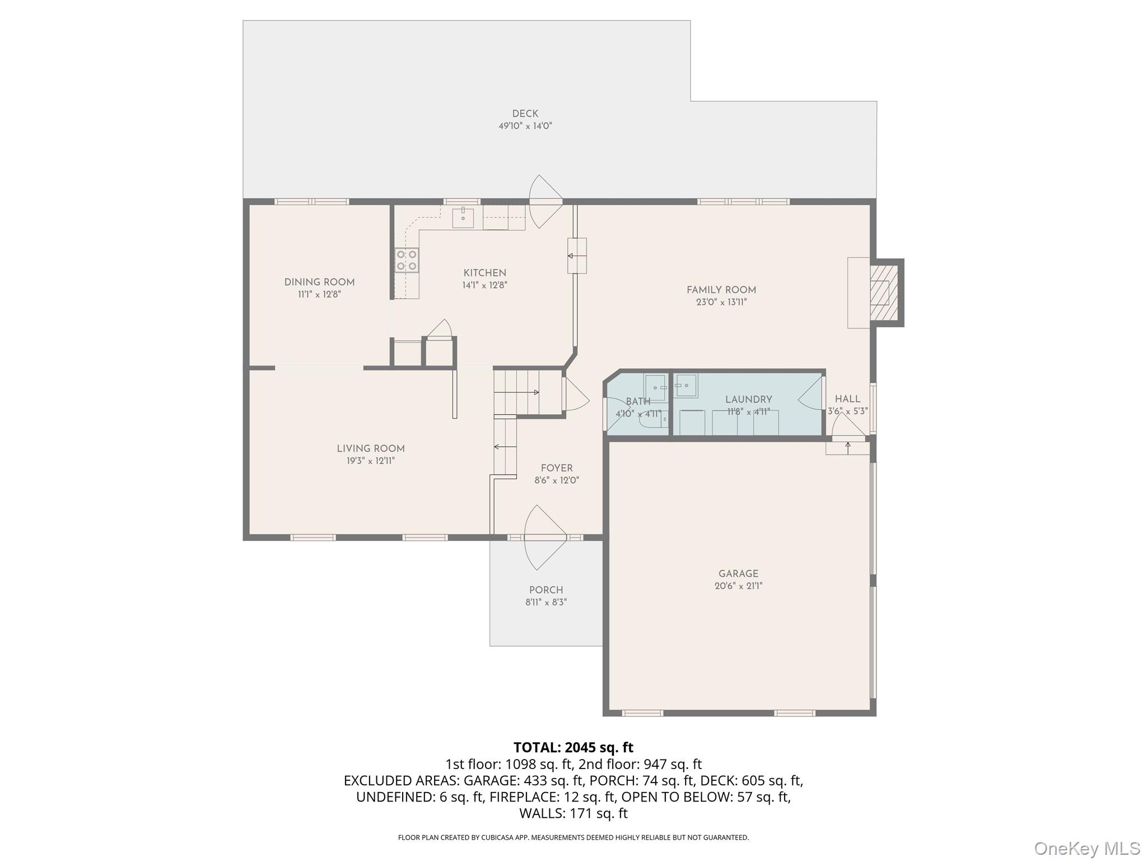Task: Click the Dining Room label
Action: pos(319,282)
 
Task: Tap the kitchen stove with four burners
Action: pos(407,260)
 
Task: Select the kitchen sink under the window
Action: pos(463,217)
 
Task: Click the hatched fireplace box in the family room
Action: pos(883,293)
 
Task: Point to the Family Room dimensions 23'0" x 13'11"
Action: pos(721,302)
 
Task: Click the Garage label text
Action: pos(738,573)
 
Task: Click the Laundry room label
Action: pos(748,399)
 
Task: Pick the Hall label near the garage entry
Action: pos(847,399)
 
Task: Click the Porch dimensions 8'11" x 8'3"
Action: pos(546,602)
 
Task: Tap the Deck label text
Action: pos(525,114)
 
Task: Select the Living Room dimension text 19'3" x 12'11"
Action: pos(370,461)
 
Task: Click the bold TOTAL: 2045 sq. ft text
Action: pos(573,747)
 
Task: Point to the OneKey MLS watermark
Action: pos(1087,848)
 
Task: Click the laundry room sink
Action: pos(686,386)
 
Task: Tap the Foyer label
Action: pos(557,468)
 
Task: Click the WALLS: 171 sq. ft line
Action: pos(573,813)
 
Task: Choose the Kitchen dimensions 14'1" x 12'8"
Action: pos(484,285)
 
